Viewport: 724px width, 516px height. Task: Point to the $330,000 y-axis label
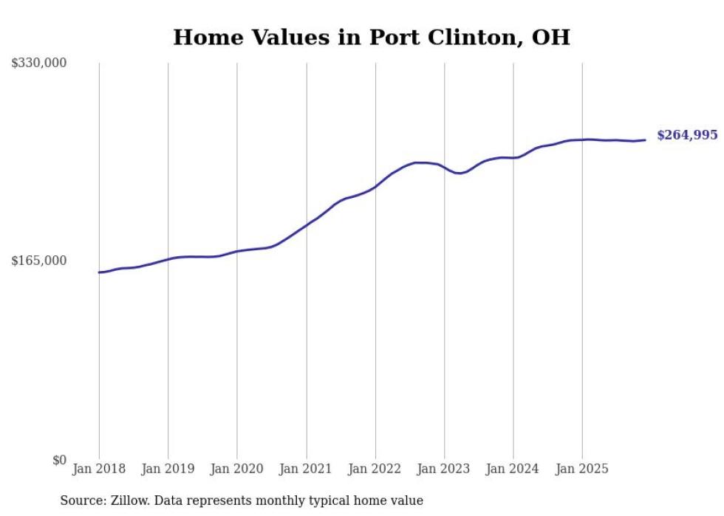39,63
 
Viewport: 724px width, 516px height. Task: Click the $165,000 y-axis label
39,261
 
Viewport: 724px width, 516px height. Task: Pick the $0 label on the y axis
60,460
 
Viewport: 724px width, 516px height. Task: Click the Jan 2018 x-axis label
99,469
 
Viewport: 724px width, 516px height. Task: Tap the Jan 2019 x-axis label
168,469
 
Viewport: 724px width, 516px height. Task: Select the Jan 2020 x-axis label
237,469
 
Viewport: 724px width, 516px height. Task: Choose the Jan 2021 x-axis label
306,469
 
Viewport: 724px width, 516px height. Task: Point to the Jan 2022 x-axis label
375,469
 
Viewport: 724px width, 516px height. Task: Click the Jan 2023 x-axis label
444,469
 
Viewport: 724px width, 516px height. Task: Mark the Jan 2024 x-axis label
513,469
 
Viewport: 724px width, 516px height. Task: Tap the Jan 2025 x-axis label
582,469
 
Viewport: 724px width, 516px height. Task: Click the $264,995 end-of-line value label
687,135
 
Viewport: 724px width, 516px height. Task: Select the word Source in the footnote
80,501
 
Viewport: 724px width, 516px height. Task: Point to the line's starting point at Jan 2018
99,272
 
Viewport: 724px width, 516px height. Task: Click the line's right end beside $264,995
645,140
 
